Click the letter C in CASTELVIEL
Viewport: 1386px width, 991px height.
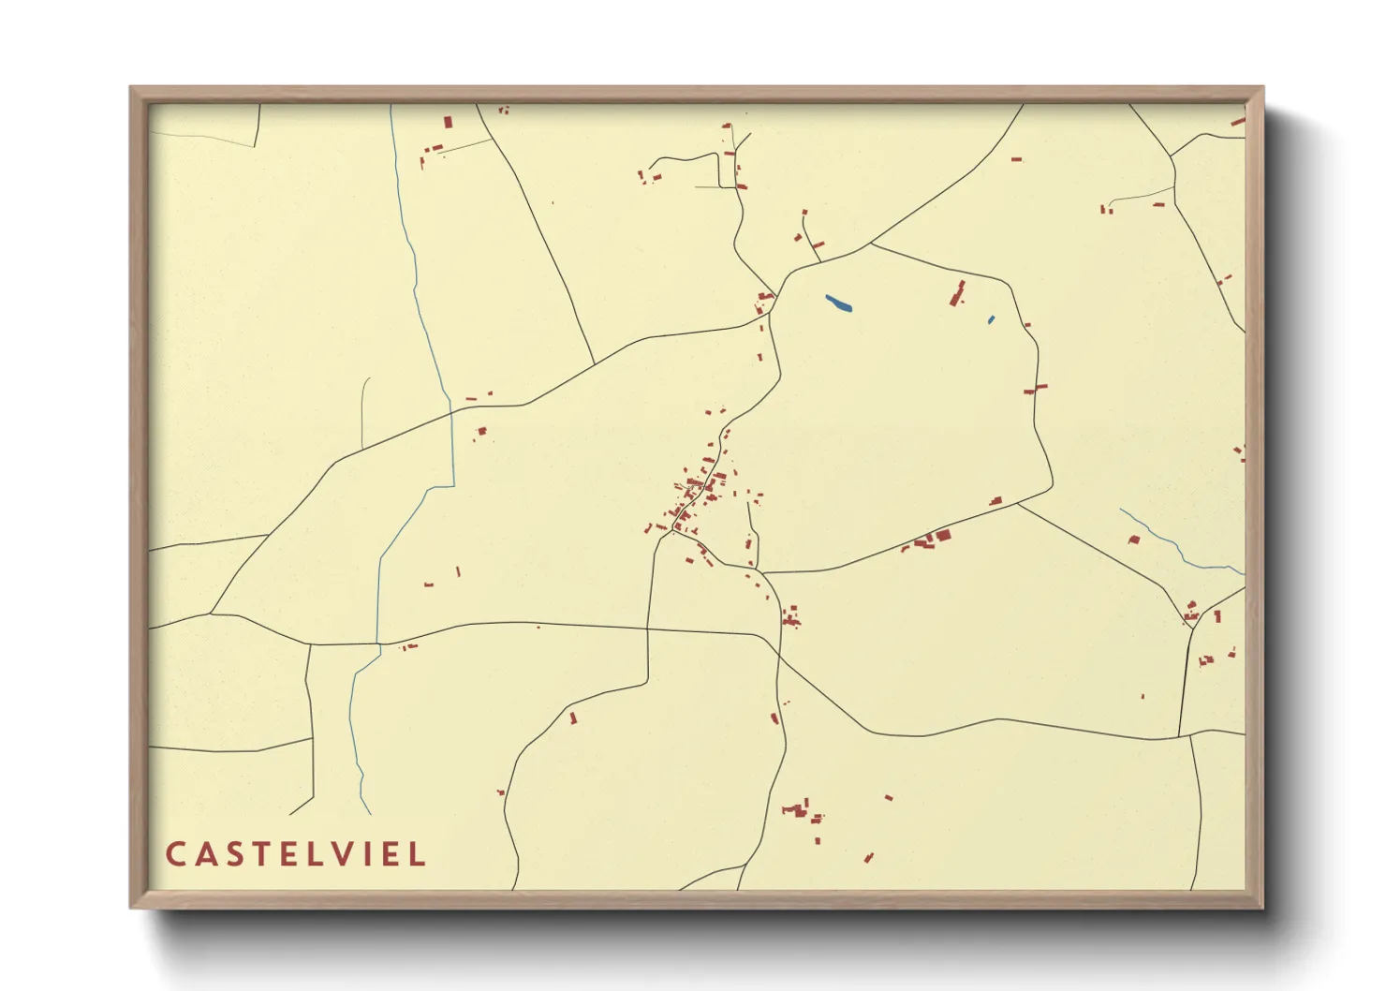(x=175, y=854)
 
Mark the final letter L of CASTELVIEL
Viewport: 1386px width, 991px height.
(x=417, y=854)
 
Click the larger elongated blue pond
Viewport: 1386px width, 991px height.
(x=838, y=303)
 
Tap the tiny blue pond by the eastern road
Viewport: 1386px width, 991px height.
(x=991, y=320)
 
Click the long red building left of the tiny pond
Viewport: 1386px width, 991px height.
(x=957, y=293)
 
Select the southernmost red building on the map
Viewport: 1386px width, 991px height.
(x=868, y=858)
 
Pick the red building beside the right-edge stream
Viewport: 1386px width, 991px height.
(x=1135, y=540)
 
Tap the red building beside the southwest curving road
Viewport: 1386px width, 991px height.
(x=573, y=718)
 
